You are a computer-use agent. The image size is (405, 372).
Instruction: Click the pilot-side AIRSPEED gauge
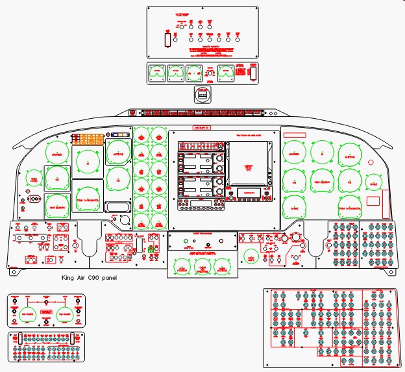click(58, 154)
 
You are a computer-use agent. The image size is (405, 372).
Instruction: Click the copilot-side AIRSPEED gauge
click(295, 154)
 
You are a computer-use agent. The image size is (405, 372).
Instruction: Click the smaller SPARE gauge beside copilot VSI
click(373, 183)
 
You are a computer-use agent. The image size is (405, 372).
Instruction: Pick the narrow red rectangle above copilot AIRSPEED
click(295, 135)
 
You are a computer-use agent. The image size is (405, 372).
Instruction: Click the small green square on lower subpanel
click(151, 249)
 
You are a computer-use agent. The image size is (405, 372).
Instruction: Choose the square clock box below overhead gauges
click(203, 93)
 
